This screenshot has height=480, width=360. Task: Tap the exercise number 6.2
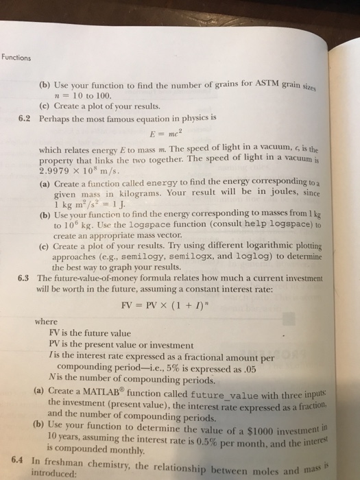click(x=26, y=117)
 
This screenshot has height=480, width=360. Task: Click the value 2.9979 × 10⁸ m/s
click(x=96, y=167)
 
